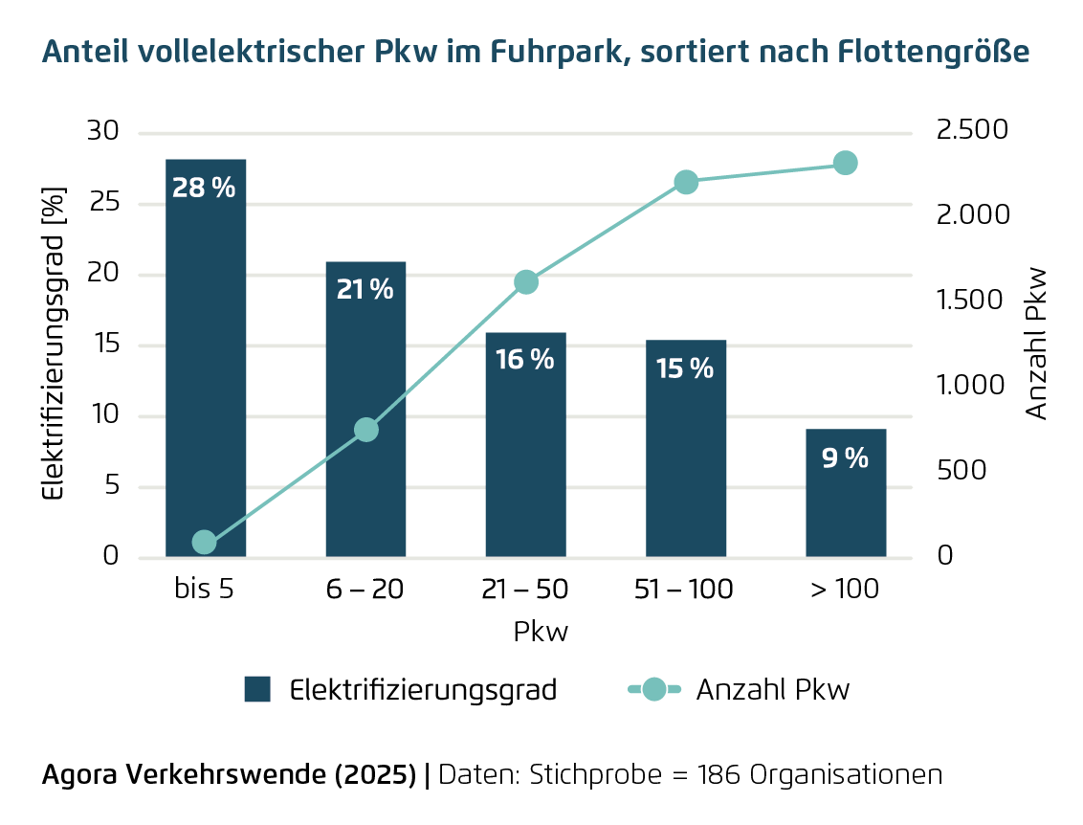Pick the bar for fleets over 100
(846, 507)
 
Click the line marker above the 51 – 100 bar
(686, 182)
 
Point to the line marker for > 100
(845, 163)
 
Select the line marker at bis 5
(204, 542)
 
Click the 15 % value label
(685, 368)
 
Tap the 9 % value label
(845, 458)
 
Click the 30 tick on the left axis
(103, 132)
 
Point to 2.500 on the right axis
(973, 130)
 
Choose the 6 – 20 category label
(365, 590)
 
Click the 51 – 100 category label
(684, 590)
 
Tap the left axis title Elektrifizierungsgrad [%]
(56, 345)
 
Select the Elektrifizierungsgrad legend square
(257, 689)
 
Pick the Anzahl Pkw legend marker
(654, 689)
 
